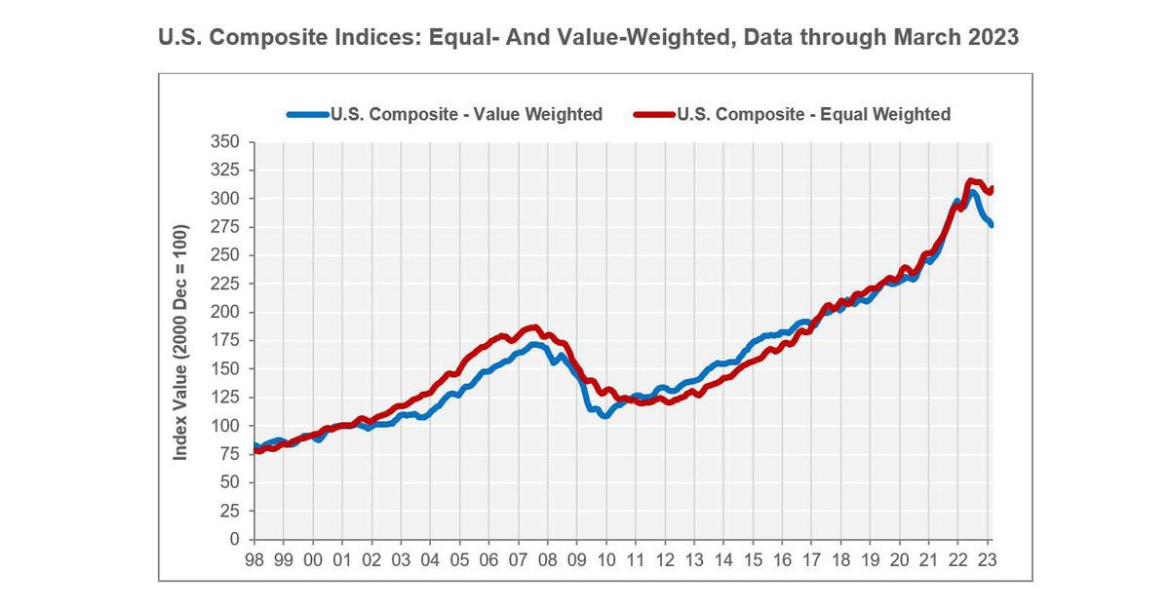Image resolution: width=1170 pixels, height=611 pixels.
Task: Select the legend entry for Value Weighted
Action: [x=466, y=114]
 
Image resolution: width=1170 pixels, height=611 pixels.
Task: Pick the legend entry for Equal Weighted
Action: [x=813, y=114]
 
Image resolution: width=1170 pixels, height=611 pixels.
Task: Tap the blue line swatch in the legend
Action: [x=307, y=114]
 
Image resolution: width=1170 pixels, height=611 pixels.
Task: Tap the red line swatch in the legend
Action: [x=654, y=114]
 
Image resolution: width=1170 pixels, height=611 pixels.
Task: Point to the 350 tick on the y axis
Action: [x=226, y=142]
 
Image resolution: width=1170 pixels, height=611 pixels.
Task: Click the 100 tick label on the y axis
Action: [x=226, y=426]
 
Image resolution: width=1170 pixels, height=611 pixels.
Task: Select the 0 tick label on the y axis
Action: [x=234, y=539]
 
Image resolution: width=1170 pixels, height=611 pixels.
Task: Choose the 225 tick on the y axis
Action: [x=226, y=284]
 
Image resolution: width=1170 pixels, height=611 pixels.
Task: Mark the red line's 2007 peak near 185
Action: [x=532, y=327]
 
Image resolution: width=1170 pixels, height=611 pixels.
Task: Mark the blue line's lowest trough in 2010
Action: [x=604, y=416]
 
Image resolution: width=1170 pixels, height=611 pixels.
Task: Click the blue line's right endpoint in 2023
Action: [x=991, y=225]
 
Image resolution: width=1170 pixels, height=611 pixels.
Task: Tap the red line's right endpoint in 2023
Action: [x=991, y=188]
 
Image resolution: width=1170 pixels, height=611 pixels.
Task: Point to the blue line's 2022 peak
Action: [x=973, y=193]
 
